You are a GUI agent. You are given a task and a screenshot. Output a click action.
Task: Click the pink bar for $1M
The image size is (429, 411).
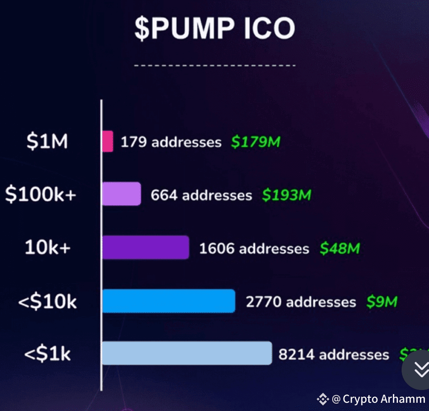pos(107,142)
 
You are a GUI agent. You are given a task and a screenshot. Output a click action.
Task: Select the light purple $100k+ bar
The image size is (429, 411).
pos(121,194)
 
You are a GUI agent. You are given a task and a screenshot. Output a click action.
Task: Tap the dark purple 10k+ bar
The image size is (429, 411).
pos(145,248)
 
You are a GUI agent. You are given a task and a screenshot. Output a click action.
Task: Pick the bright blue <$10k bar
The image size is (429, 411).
pos(168,301)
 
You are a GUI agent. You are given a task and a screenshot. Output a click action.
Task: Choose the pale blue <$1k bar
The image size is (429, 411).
pos(186,353)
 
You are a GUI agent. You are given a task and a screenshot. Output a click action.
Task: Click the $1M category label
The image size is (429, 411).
pos(47,142)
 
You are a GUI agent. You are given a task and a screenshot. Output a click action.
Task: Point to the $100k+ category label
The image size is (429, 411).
pos(41,195)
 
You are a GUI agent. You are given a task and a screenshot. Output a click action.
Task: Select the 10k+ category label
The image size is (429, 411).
pos(48,248)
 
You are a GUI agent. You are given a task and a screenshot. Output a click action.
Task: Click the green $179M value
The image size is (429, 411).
pos(255,142)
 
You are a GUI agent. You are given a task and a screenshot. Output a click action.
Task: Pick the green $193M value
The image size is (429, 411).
pos(286,195)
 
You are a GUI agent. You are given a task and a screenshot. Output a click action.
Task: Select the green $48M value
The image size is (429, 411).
pos(339,248)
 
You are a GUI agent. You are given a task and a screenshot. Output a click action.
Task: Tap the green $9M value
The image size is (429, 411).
pos(381,301)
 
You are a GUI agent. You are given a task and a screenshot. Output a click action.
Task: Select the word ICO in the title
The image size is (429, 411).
pos(269,29)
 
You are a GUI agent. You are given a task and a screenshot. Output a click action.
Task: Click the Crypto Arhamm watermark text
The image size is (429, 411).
pos(383,399)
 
